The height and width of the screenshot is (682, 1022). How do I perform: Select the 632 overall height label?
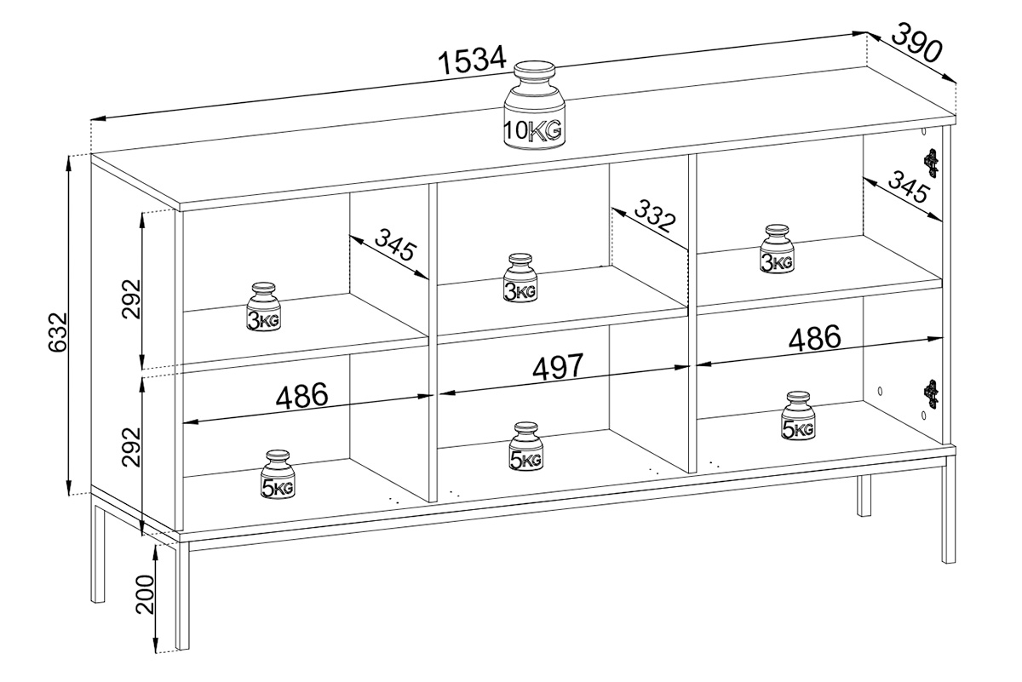tap(58, 332)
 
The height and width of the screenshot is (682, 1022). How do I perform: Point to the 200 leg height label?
tap(146, 594)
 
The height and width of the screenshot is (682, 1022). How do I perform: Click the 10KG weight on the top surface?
tap(534, 106)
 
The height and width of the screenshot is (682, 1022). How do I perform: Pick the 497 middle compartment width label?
tap(558, 366)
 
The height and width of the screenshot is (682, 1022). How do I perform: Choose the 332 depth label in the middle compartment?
tap(655, 215)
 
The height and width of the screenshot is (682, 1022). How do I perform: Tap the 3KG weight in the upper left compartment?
tap(263, 307)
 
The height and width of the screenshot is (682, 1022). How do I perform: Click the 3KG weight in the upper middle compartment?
tap(520, 278)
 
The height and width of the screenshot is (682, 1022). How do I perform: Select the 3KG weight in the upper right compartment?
tap(777, 249)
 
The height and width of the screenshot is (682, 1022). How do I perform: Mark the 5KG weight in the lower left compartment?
tap(278, 474)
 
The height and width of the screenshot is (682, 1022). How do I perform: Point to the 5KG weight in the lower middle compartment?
tap(526, 446)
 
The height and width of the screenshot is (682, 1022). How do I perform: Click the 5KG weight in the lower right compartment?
tap(797, 416)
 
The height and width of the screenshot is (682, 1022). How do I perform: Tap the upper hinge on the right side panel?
tap(931, 163)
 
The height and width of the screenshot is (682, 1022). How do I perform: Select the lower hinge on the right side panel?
tap(931, 394)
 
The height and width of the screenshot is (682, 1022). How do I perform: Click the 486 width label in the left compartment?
tap(301, 395)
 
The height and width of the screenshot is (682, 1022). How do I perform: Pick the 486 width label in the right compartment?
tap(814, 338)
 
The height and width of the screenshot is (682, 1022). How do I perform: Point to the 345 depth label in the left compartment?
tap(395, 244)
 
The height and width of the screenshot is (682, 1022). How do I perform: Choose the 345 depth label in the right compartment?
tap(909, 186)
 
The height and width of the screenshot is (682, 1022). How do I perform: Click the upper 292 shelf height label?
tap(131, 299)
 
